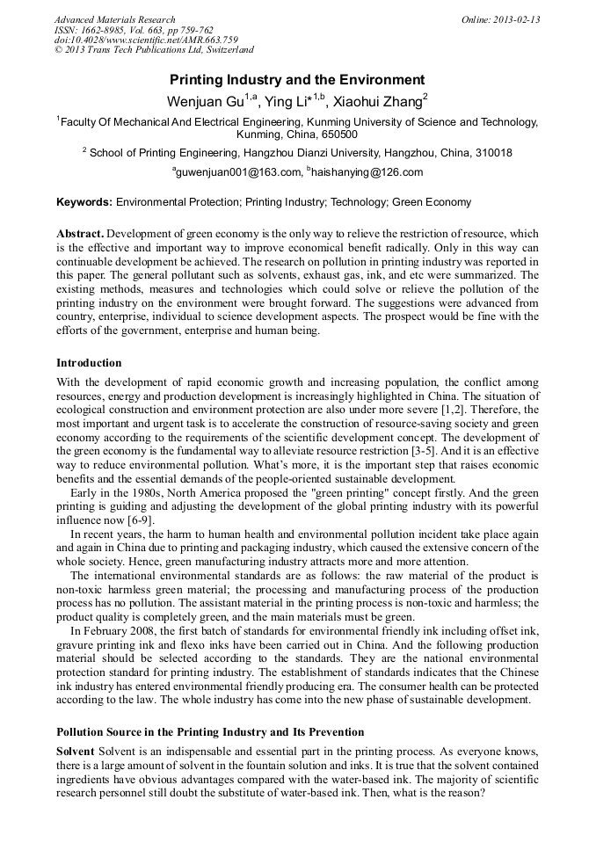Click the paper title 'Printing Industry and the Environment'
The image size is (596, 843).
coord(297,79)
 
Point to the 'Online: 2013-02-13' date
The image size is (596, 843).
coord(500,19)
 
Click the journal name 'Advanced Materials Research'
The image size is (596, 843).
coord(114,19)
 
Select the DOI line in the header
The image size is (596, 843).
coord(145,40)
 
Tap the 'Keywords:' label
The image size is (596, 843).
coord(84,202)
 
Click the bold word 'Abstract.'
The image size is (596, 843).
coord(80,235)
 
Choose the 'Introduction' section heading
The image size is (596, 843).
coord(89,363)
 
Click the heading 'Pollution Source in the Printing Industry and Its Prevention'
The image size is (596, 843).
coord(210,732)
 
